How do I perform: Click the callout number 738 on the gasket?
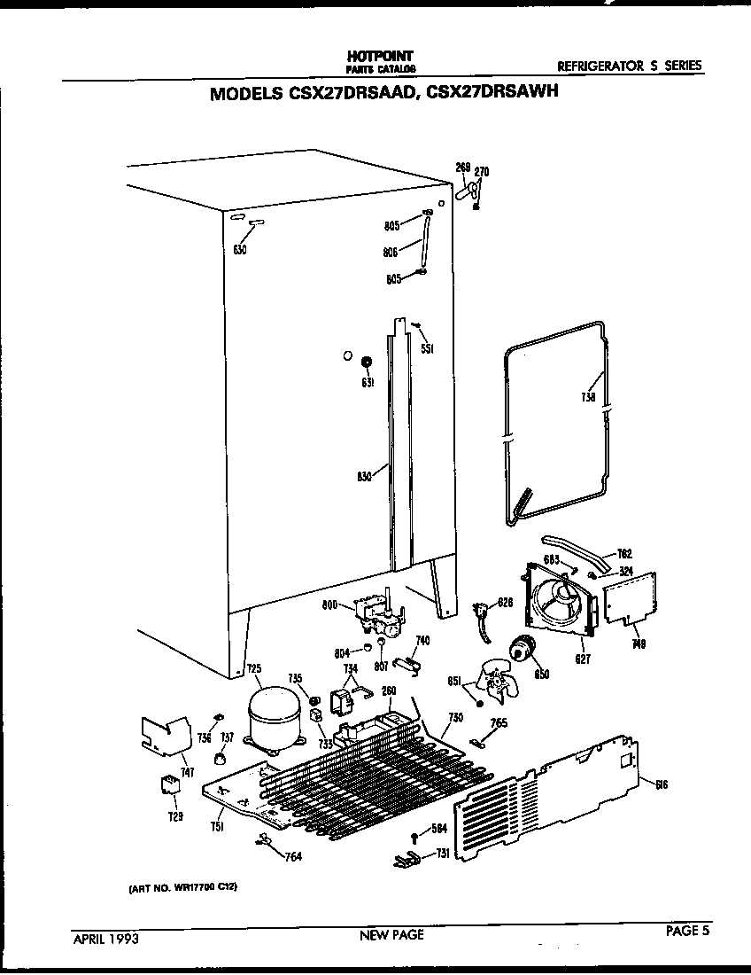pos(588,397)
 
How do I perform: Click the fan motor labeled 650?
pos(522,656)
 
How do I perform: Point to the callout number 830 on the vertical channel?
pos(363,476)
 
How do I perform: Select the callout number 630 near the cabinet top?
pos(239,250)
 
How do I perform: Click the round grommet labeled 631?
pos(366,363)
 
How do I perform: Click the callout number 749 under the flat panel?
pos(639,645)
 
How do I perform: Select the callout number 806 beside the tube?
pos(389,252)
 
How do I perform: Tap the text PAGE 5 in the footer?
pos(688,931)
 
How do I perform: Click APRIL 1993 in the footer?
pos(105,936)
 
